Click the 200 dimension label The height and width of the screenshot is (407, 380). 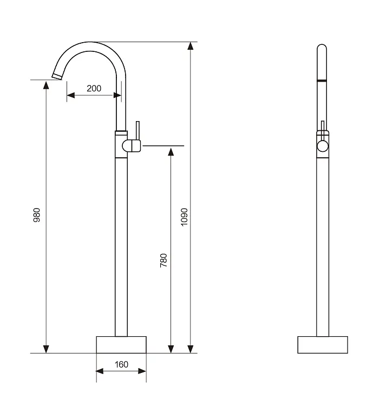94,89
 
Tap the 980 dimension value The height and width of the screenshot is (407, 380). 37,215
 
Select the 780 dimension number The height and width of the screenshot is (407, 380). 163,261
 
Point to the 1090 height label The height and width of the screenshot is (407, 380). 184,217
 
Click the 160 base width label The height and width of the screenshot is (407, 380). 121,364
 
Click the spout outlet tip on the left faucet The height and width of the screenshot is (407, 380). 57,76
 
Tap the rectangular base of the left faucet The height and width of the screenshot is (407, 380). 121,345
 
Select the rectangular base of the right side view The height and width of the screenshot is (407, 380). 323,345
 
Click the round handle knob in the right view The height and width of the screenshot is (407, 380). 323,146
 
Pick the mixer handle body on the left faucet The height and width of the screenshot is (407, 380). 132,145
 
